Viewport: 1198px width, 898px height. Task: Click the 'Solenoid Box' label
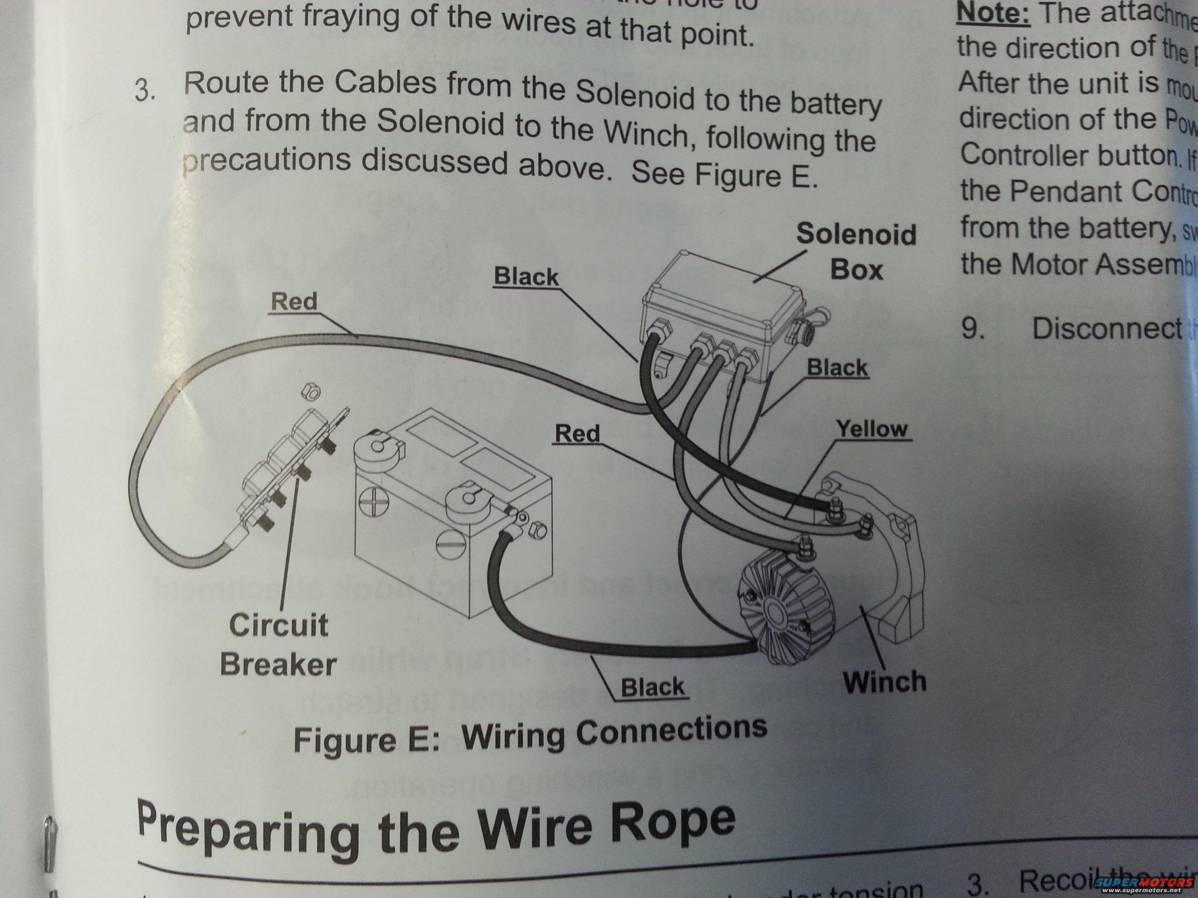tap(856, 251)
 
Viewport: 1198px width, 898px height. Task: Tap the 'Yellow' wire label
tap(871, 429)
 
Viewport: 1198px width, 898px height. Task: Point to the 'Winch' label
tap(884, 682)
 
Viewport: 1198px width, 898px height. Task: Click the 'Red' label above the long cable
tap(294, 302)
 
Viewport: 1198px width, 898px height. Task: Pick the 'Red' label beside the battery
tap(577, 433)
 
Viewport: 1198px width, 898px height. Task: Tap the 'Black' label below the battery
tap(652, 687)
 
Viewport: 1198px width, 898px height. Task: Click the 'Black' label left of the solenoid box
tap(526, 276)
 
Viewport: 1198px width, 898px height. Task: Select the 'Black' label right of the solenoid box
tap(837, 368)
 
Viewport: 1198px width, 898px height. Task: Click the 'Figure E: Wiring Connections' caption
tap(530, 735)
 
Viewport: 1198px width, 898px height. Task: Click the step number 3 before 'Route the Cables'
tap(144, 91)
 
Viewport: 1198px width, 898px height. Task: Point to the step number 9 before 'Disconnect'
tap(973, 329)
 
